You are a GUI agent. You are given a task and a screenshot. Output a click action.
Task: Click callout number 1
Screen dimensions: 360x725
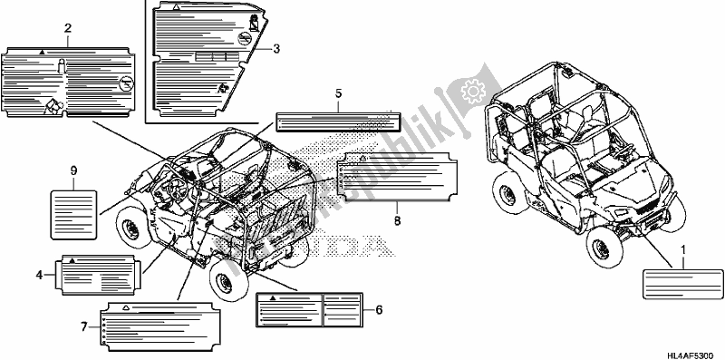coord(683,248)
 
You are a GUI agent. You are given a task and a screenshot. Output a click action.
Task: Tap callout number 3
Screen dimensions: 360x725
coord(275,48)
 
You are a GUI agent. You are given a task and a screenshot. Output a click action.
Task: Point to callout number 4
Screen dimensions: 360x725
coord(40,272)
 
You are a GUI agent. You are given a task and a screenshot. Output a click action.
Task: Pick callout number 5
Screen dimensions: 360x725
coord(338,93)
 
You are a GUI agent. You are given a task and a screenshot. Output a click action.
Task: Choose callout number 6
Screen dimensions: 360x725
coord(378,309)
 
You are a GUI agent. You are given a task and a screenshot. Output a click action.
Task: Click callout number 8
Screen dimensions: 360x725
coord(397,219)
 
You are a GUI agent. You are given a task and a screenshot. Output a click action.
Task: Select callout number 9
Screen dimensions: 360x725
coord(72,170)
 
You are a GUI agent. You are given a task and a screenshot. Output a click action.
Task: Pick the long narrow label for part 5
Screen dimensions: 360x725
coord(337,121)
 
